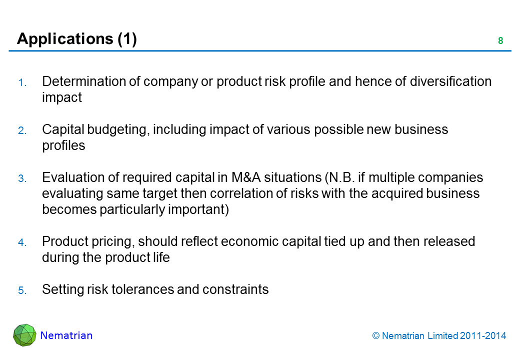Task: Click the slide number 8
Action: click(500, 41)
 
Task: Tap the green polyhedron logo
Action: click(24, 335)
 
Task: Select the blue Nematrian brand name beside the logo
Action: click(66, 335)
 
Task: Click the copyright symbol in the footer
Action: click(375, 336)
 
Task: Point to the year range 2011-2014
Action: click(483, 336)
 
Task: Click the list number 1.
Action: click(22, 82)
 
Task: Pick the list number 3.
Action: click(22, 178)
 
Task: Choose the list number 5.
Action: click(22, 290)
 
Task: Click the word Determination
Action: click(83, 81)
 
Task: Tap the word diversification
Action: click(450, 81)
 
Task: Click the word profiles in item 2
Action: click(63, 145)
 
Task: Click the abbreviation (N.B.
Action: click(340, 177)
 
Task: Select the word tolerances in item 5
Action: click(142, 289)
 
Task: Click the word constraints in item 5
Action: click(235, 289)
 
